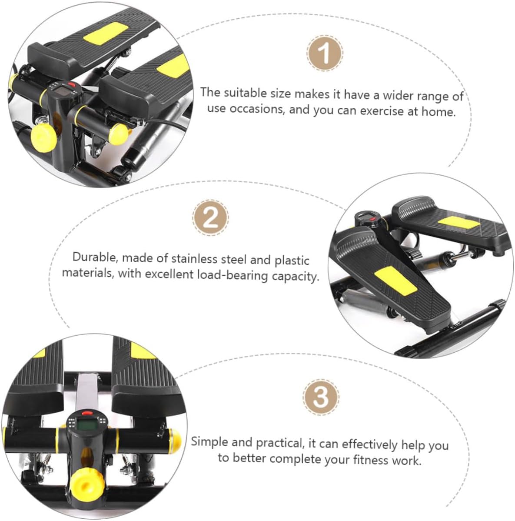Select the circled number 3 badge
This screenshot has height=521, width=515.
321,397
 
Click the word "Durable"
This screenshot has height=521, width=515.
95,257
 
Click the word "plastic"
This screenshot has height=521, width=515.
292,260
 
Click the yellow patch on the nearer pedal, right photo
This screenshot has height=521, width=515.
395,281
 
